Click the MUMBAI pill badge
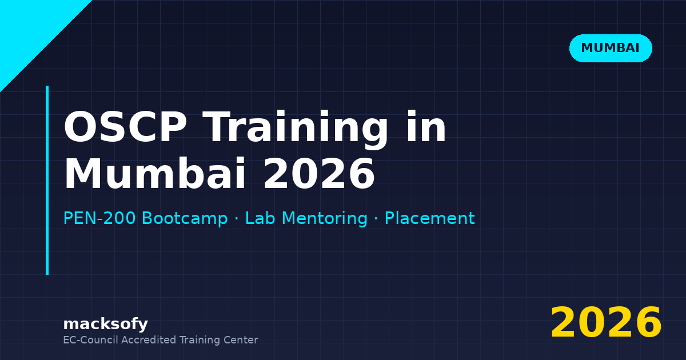(x=611, y=48)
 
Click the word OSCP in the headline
(x=125, y=128)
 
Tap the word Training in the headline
(x=296, y=128)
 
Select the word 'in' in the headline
(x=426, y=128)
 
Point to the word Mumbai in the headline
(x=155, y=174)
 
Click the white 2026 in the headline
(x=318, y=174)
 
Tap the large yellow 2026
(x=606, y=323)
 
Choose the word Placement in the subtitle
(x=429, y=218)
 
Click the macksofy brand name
(x=105, y=324)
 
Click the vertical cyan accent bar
(x=47, y=180)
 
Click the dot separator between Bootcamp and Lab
(x=236, y=219)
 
